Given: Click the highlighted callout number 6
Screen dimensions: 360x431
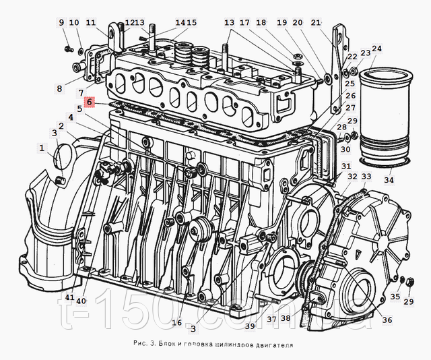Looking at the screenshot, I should (x=89, y=102).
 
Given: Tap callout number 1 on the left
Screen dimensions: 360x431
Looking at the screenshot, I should (x=41, y=148).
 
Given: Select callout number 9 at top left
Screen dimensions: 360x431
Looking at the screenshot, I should (x=61, y=23).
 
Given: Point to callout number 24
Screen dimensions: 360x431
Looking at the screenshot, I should (x=376, y=49).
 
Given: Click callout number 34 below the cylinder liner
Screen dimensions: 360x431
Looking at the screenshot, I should (x=389, y=181).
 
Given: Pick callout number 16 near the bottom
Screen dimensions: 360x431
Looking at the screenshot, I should (x=176, y=322).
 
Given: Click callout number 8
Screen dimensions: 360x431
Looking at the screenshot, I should (x=60, y=88).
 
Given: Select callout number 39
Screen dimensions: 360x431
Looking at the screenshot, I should (x=250, y=326).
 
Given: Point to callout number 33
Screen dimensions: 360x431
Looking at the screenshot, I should (x=366, y=177).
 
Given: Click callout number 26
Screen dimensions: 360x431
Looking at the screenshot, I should (x=350, y=95).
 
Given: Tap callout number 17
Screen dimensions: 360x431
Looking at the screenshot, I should (x=244, y=23).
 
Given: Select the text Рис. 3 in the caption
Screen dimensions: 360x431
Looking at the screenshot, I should (x=143, y=344).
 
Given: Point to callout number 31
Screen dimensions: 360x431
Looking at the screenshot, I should (x=345, y=166).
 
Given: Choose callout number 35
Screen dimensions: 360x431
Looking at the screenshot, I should (x=395, y=296).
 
